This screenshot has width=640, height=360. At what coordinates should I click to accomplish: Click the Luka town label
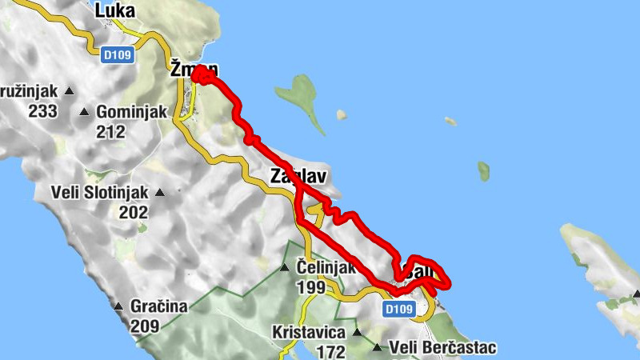point(114,10)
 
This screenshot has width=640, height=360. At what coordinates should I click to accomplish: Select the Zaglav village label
point(300,176)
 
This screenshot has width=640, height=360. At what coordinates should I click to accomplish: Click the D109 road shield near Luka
point(118,54)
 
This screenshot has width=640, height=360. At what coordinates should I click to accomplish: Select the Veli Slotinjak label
point(99,193)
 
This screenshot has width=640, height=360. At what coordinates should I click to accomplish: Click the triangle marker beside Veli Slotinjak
point(160,193)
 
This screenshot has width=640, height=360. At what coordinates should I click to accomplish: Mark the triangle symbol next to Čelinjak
point(284,268)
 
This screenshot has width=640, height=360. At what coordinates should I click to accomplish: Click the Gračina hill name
point(161,306)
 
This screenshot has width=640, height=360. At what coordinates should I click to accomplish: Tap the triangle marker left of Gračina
point(118,306)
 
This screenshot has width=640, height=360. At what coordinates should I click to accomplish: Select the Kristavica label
point(308,332)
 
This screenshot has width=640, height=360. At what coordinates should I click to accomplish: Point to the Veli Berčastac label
point(442,348)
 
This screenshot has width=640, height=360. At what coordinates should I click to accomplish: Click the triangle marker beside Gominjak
point(85,112)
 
